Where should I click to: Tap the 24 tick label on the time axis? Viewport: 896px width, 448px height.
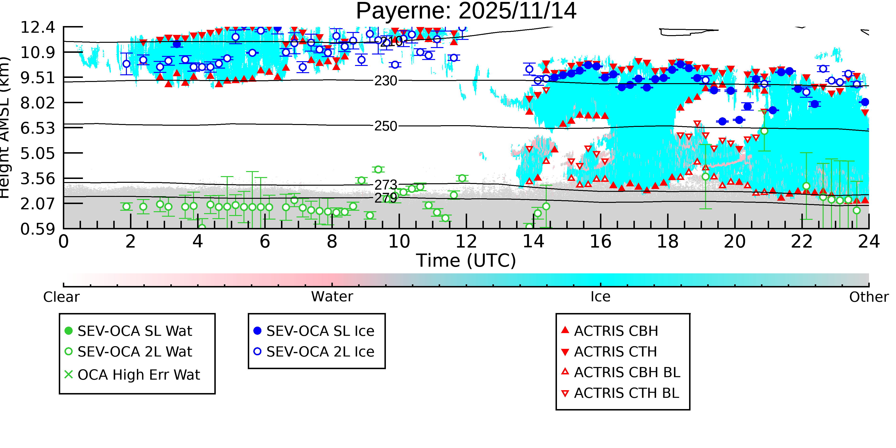coord(869,241)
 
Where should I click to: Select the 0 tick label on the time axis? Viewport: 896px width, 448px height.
coord(64,241)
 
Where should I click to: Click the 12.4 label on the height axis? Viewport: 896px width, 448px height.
coord(38,27)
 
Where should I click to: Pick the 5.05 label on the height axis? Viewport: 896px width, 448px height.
coord(38,153)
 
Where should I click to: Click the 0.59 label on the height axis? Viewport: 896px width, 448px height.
coord(38,229)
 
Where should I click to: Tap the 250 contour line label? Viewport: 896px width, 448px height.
coord(385,126)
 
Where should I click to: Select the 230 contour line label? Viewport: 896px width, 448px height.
coord(385,81)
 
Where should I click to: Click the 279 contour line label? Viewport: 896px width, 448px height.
coord(385,198)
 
